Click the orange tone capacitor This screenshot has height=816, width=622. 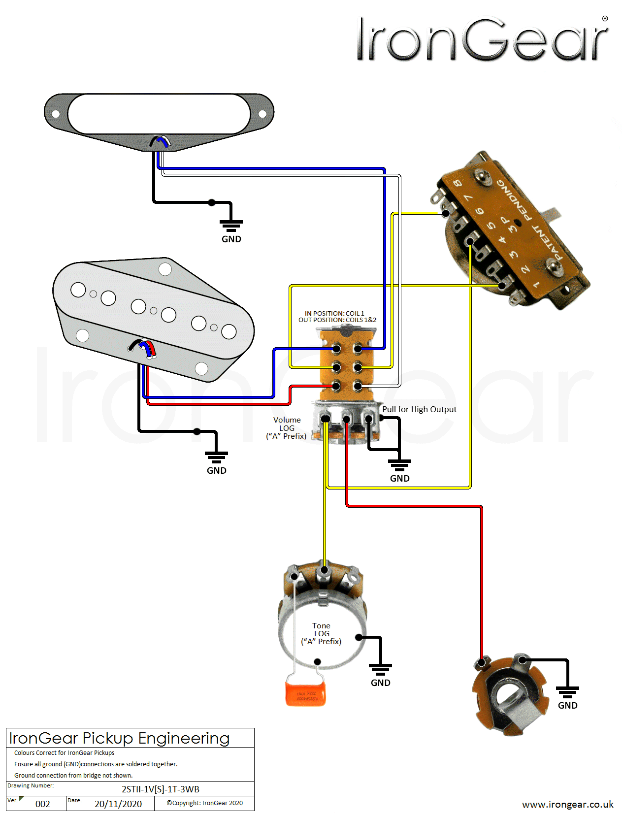305,691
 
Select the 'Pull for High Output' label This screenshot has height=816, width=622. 419,409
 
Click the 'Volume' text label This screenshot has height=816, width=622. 287,420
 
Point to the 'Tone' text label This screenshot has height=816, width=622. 321,626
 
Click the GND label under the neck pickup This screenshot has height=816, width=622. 231,239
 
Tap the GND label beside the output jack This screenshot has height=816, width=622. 567,706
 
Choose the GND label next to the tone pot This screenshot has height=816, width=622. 380,683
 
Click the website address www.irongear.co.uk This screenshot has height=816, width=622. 567,804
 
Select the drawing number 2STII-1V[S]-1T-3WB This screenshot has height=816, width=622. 161,789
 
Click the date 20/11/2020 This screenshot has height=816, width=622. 118,804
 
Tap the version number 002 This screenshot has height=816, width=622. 43,804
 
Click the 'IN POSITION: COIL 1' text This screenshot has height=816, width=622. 334,313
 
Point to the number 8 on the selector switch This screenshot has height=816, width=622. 458,183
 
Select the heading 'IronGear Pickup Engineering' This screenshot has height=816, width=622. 119,738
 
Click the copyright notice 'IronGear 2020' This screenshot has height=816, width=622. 205,803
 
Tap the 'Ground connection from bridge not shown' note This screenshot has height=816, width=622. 73,775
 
